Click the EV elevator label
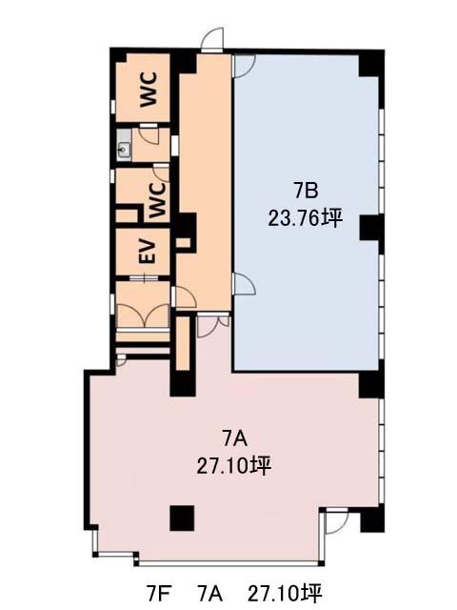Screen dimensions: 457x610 click(149, 252)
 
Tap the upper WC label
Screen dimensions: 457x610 click(149, 89)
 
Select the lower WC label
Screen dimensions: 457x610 click(157, 200)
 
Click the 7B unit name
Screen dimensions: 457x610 click(306, 191)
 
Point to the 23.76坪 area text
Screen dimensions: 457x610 click(305, 218)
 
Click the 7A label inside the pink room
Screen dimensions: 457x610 click(234, 439)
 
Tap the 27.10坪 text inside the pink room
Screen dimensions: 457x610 click(234, 466)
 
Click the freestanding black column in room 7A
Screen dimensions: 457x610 click(182, 518)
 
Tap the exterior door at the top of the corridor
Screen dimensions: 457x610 click(212, 40)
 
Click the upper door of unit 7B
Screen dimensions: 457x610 click(244, 66)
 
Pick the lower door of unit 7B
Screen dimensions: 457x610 click(244, 284)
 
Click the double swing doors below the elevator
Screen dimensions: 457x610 click(143, 315)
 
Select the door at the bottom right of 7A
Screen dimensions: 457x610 click(337, 521)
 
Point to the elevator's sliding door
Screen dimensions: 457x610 click(144, 278)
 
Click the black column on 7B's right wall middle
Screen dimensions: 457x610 click(371, 228)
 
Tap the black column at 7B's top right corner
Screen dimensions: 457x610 click(370, 63)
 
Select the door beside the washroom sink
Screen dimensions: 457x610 click(149, 134)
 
